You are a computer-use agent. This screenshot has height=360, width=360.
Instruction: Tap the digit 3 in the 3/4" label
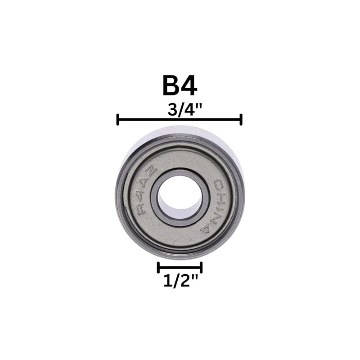[x=172, y=110]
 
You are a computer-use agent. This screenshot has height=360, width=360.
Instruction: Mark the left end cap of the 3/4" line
[x=117, y=120]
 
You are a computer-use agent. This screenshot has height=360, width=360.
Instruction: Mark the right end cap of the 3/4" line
[x=241, y=120]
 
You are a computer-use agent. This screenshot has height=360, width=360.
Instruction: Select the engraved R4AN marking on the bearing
[x=145, y=192]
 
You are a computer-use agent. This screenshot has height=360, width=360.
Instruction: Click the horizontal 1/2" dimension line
[x=179, y=267]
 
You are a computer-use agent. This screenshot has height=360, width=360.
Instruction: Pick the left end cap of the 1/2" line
[x=158, y=267]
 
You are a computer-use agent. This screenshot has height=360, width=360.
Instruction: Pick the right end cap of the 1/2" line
[x=201, y=267]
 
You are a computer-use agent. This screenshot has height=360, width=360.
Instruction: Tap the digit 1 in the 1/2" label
[x=166, y=282]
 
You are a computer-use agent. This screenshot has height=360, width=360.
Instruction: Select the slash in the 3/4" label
[x=180, y=110]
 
